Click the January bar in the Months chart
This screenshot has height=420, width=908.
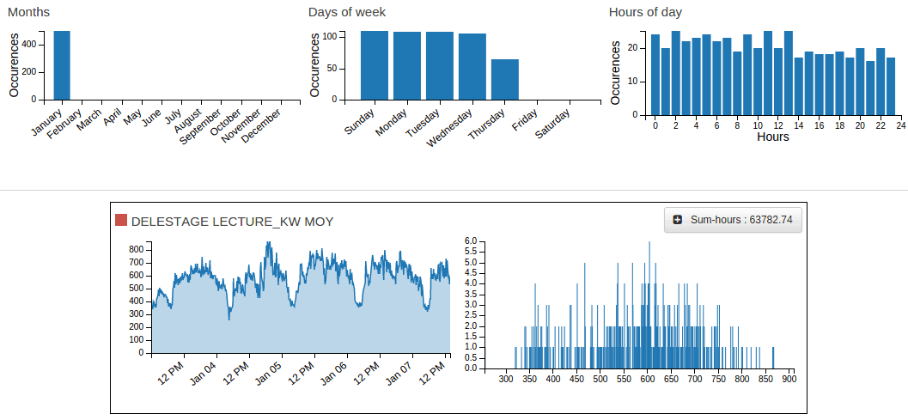point(62,65)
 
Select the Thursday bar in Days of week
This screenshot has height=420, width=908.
point(505,79)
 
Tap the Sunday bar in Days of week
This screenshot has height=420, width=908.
point(374,65)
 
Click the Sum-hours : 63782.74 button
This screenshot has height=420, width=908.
point(733,220)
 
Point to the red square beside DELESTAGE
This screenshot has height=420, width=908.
point(121,220)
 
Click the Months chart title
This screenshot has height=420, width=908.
point(28,12)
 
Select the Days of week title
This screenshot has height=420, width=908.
point(347,12)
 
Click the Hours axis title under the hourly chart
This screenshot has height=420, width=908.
point(773,137)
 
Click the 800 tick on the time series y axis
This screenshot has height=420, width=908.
point(136,250)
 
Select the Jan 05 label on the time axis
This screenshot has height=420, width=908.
point(269,376)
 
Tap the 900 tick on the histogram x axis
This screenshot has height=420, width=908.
point(789,379)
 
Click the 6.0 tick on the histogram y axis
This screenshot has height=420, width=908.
point(471,241)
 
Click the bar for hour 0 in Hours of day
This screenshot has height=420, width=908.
point(655,74)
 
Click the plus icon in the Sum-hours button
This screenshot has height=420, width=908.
point(678,220)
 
